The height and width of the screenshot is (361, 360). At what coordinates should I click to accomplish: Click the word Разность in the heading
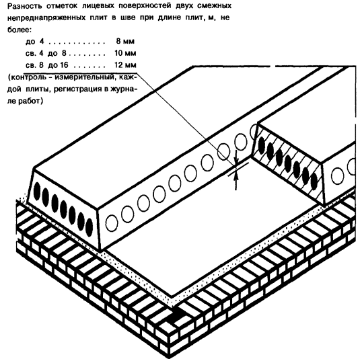tap(25, 6)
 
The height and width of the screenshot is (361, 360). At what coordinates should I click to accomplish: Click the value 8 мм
tap(125, 42)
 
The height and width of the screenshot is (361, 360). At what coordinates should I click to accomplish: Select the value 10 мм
tap(125, 53)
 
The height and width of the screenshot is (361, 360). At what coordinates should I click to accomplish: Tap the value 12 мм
tap(125, 65)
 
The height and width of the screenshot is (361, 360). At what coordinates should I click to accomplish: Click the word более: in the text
tap(20, 30)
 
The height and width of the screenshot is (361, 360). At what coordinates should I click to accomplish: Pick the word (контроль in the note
tap(28, 77)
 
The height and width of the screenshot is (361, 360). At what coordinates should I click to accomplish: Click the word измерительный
tap(85, 77)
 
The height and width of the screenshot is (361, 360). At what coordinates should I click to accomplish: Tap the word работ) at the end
tap(30, 101)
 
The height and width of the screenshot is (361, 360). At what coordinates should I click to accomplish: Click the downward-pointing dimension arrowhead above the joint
tap(236, 161)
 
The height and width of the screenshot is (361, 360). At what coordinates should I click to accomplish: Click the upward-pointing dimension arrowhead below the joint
tap(236, 174)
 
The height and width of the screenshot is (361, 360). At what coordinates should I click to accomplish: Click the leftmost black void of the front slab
tap(36, 191)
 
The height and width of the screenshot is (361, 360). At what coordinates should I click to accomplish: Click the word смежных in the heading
tap(215, 6)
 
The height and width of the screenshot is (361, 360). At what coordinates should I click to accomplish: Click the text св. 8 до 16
tap(47, 65)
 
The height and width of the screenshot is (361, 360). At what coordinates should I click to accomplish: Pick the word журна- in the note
tap(124, 89)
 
